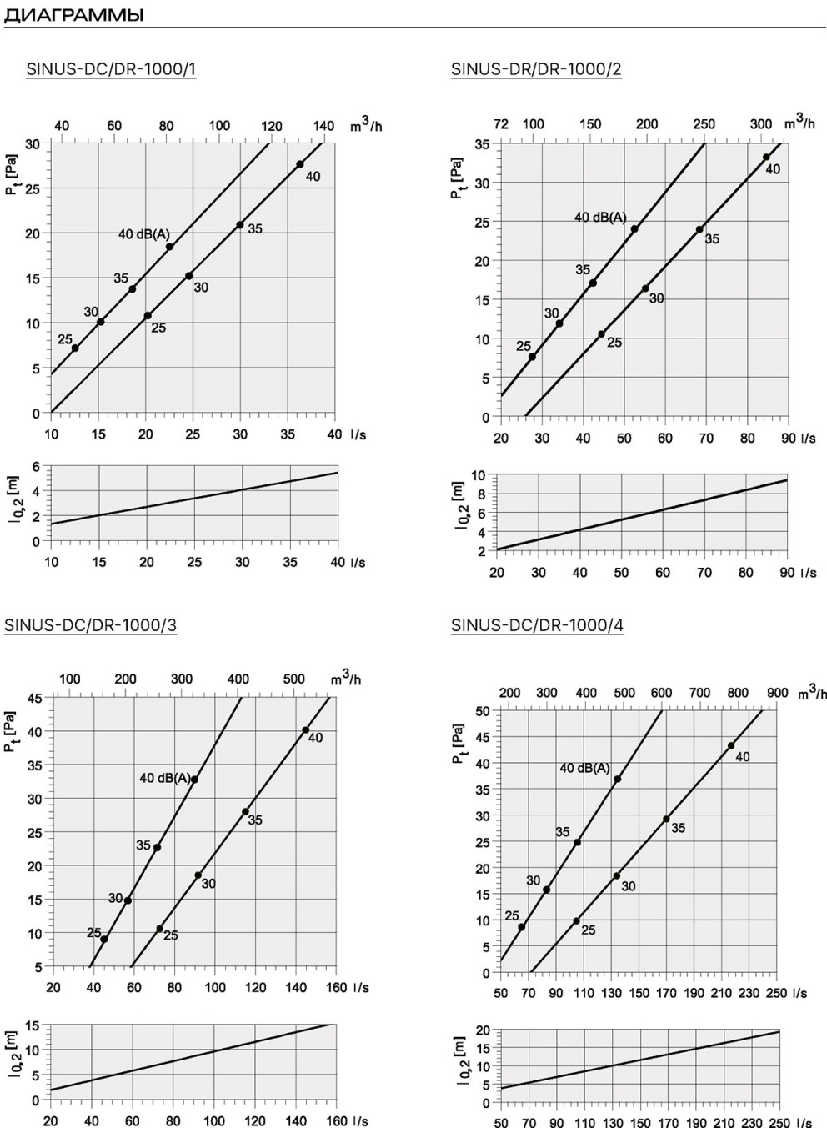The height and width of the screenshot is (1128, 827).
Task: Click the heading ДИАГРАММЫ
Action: (73, 15)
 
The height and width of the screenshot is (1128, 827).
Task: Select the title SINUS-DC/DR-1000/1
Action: (111, 68)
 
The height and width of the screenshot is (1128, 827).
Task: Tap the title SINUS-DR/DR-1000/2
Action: (536, 68)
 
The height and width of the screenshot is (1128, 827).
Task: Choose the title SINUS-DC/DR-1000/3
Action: (91, 625)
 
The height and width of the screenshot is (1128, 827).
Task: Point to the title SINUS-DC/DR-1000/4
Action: (537, 625)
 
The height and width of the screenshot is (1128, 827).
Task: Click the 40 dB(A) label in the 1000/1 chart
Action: (144, 234)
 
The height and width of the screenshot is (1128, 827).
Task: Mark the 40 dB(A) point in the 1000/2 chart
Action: (634, 228)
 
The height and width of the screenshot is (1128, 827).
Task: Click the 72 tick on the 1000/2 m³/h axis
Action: (501, 124)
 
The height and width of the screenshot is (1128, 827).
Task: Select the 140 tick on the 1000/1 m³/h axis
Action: (323, 125)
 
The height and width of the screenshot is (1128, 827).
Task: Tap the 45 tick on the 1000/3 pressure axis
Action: (35, 698)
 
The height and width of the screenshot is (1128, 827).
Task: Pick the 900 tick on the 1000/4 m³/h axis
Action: (777, 693)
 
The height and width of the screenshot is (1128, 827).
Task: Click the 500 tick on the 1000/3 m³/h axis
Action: (293, 679)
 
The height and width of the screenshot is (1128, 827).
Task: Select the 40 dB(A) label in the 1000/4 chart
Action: (584, 768)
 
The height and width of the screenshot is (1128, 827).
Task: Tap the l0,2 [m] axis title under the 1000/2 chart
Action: (459, 505)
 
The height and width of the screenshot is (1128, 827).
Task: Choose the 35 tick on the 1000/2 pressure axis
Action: (482, 144)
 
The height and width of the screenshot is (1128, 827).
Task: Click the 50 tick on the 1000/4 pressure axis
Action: (483, 711)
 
